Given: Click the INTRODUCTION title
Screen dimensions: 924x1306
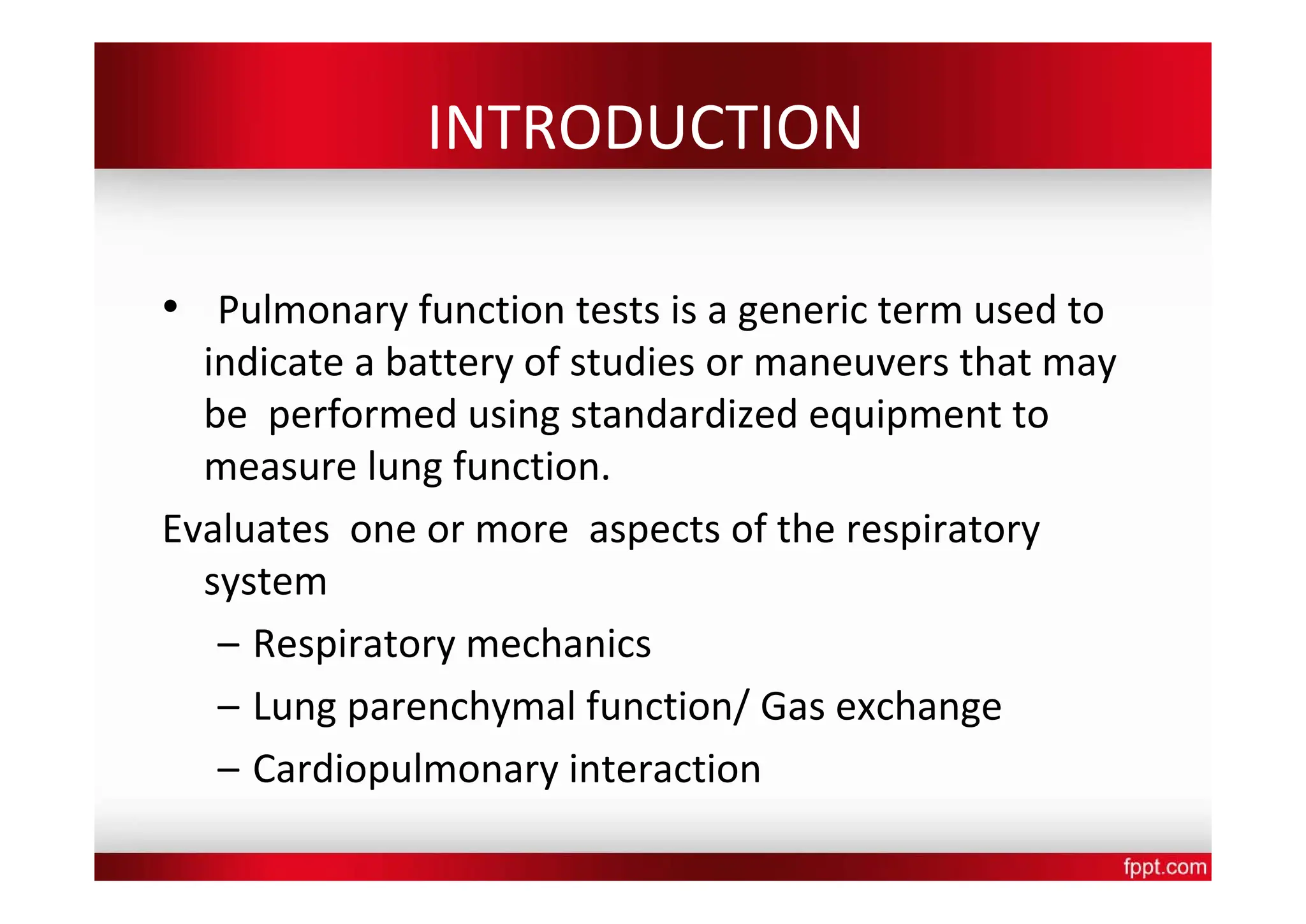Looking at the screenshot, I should click(x=644, y=128).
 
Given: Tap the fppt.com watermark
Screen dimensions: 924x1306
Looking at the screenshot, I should click(x=1164, y=867).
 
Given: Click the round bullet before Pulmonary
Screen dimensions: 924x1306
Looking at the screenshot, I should click(x=170, y=307).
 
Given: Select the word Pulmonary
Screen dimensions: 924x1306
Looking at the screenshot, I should click(x=312, y=311).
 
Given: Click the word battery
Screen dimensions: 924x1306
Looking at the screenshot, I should click(x=449, y=363).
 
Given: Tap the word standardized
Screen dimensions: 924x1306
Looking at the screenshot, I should click(x=684, y=415).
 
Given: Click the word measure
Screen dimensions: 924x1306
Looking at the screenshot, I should click(x=280, y=466).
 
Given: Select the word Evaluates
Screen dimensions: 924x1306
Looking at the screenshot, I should click(x=246, y=530).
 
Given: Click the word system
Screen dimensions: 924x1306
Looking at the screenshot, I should click(x=265, y=583).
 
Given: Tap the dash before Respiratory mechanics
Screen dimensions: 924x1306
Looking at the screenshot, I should click(x=228, y=645).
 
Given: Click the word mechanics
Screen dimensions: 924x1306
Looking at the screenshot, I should click(x=559, y=644).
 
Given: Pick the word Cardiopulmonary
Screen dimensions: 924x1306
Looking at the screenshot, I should click(x=406, y=770).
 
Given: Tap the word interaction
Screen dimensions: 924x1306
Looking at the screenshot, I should click(x=664, y=769).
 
